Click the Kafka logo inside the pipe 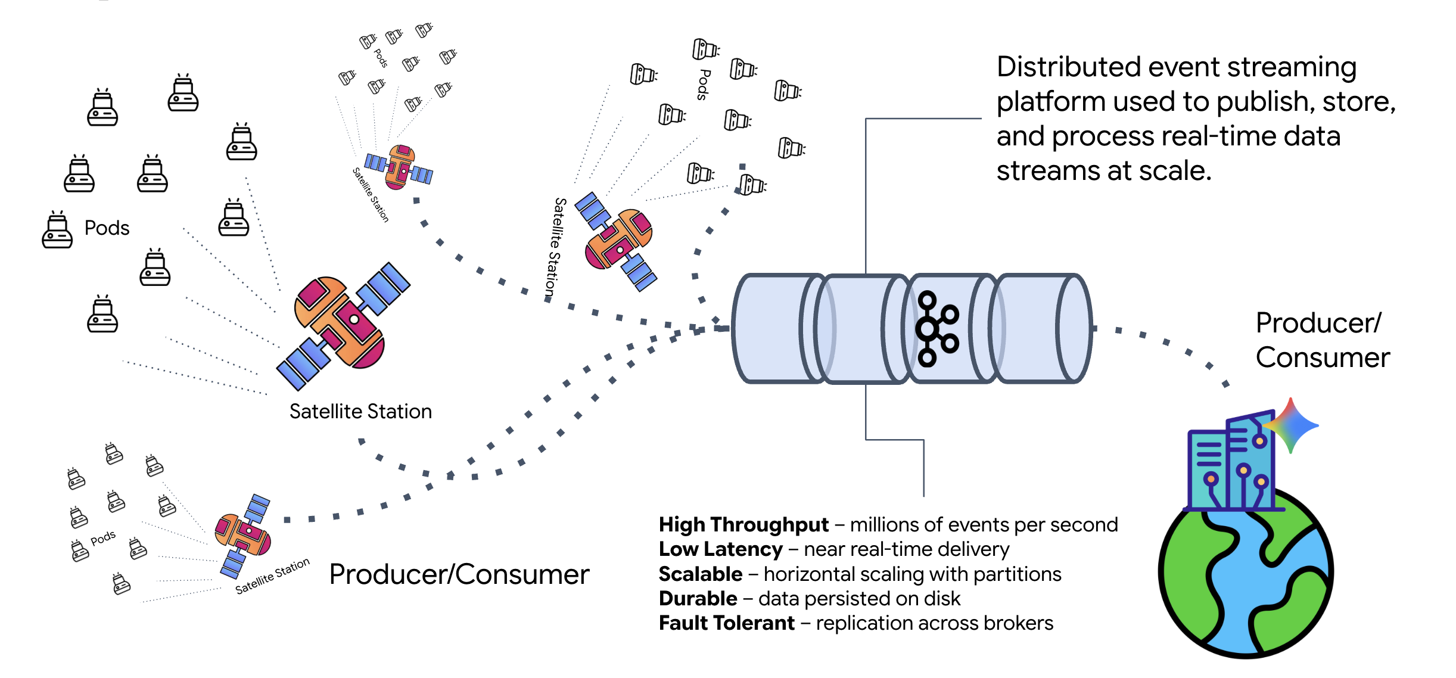click(x=936, y=328)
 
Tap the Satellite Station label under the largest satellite click(x=360, y=412)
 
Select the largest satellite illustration click(x=343, y=326)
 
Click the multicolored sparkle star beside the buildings click(x=1290, y=425)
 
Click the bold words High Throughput click(x=743, y=525)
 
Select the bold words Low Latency click(x=720, y=549)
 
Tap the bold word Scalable click(x=701, y=574)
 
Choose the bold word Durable click(x=698, y=599)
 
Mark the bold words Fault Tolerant click(x=727, y=623)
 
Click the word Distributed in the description click(x=1067, y=67)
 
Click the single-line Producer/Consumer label click(x=459, y=575)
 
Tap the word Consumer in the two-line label click(x=1323, y=358)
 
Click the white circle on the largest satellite click(x=354, y=319)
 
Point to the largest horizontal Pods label click(x=107, y=228)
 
